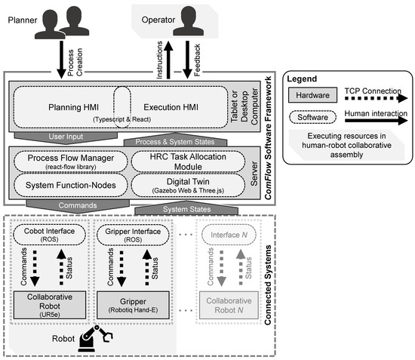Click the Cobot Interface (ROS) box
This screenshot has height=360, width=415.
[x=49, y=234]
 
